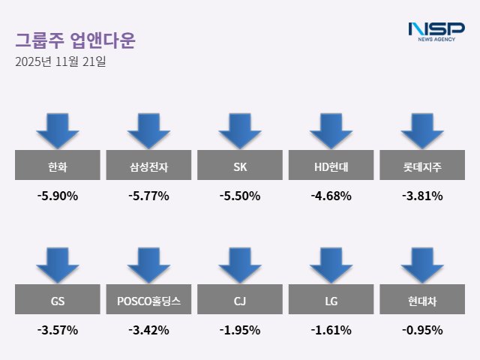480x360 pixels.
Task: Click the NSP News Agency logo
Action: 436,31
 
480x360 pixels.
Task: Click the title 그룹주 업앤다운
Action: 75,40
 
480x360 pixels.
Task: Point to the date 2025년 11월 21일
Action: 60,61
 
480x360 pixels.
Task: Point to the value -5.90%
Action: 57,196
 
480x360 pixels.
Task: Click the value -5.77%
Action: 148,196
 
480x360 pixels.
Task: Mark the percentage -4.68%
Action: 331,196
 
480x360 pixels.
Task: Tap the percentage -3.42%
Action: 148,330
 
